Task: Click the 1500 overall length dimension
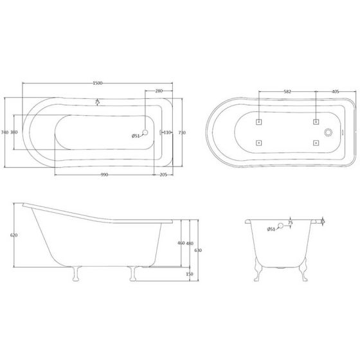point(98,84)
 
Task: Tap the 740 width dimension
point(5,132)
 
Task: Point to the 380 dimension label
point(14,132)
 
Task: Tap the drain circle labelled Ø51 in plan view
point(145,133)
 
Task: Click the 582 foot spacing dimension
point(287,92)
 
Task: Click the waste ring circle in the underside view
point(329,132)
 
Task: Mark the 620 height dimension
point(6,235)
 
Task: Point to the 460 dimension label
point(181,243)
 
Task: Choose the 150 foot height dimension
point(189,273)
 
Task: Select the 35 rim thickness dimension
point(322,221)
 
